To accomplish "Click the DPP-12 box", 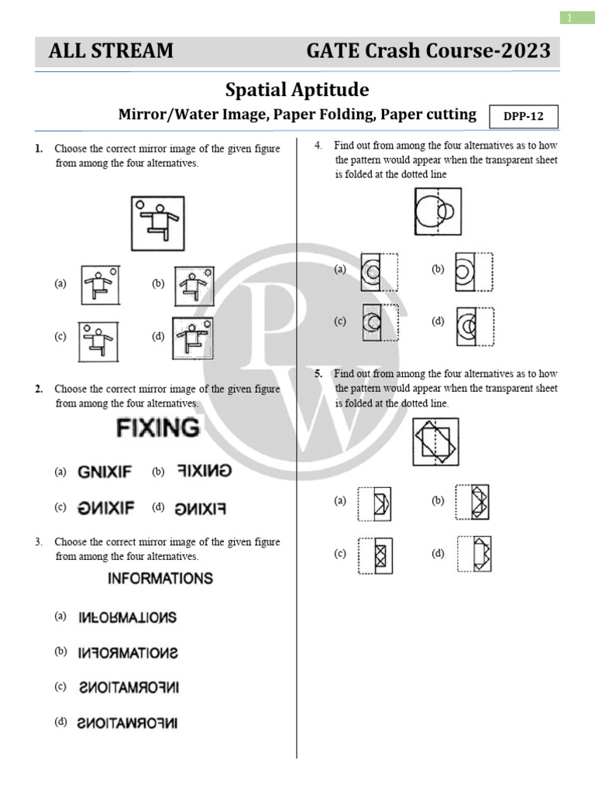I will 524,116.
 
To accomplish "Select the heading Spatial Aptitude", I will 297,90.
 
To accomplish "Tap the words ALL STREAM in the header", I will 111,52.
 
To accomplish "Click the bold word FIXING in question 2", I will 157,427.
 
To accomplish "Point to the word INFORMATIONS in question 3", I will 160,578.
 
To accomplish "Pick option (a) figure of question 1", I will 98,284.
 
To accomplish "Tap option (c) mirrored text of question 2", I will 106,508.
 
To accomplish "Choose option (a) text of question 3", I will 128,617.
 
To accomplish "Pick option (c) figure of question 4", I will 379,323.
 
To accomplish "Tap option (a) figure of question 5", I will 375,503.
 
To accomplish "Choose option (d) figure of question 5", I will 473,554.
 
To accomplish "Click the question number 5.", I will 318,374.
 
